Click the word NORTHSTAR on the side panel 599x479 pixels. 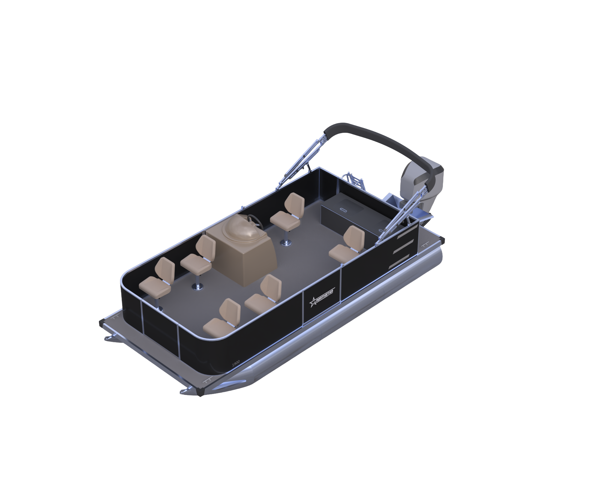click(x=325, y=296)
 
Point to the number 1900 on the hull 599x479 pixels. click(x=236, y=364)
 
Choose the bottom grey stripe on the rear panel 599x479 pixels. click(x=399, y=261)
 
